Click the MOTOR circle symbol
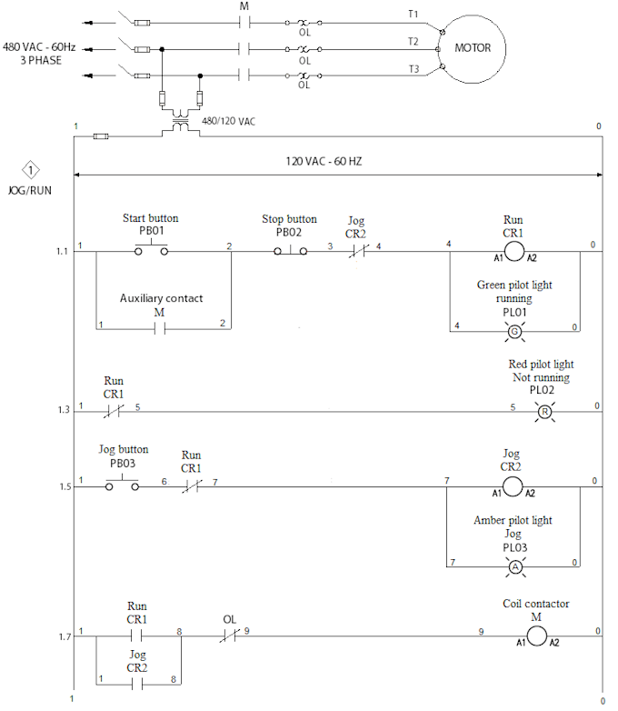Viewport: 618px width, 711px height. (473, 47)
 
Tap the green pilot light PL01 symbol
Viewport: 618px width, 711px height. (514, 331)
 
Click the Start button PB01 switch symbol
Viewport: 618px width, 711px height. (151, 247)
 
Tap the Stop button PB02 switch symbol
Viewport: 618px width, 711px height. (289, 247)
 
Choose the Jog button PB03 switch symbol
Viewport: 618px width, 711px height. (123, 486)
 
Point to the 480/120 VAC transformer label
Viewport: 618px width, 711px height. (229, 119)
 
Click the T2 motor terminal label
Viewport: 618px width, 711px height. (414, 41)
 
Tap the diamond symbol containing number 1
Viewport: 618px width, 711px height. (32, 170)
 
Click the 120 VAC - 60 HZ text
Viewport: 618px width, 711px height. (330, 161)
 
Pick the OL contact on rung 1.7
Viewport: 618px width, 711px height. (229, 635)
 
